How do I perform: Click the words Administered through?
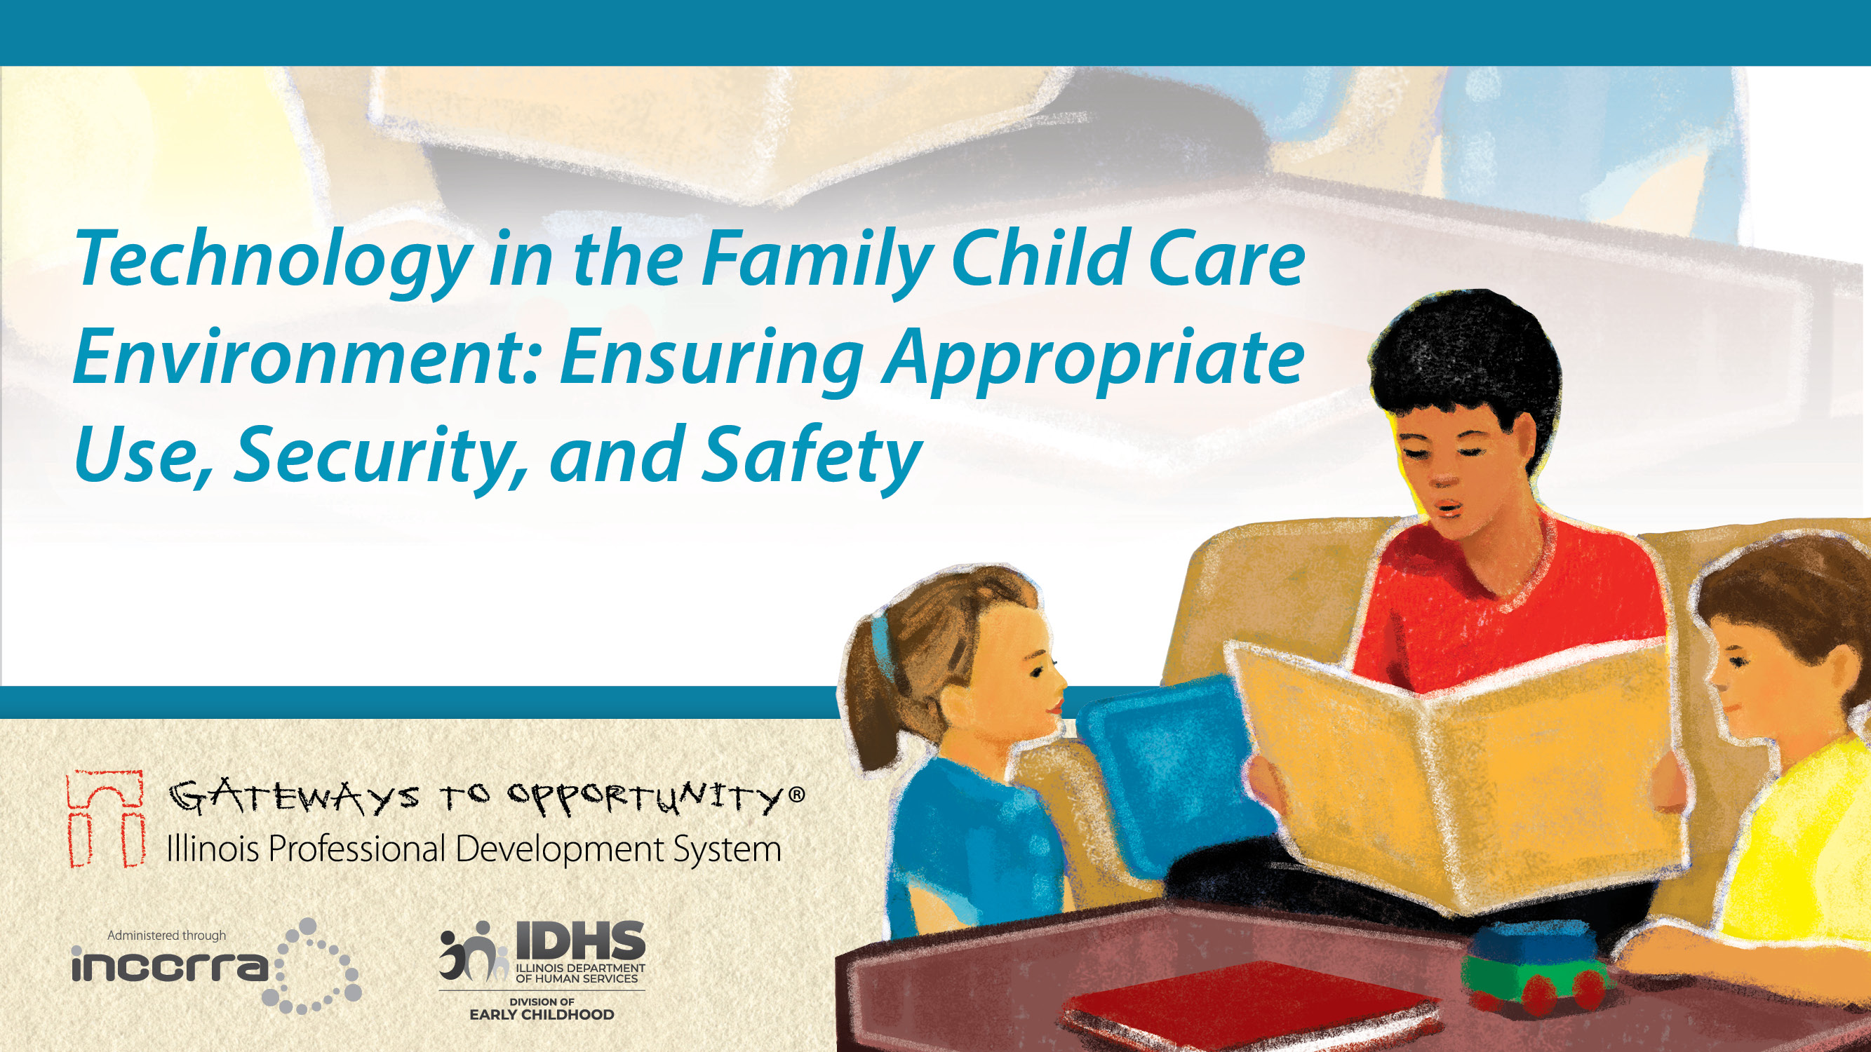(x=166, y=935)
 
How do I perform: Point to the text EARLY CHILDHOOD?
(x=541, y=1014)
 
